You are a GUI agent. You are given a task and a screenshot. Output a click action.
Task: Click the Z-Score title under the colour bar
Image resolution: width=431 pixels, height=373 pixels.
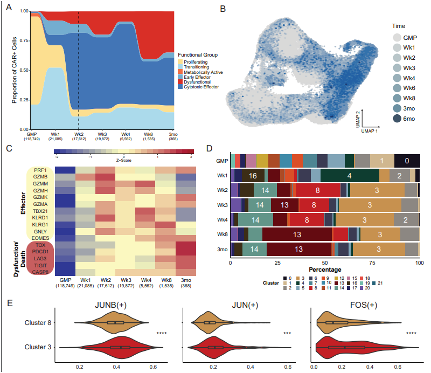[x=124, y=160]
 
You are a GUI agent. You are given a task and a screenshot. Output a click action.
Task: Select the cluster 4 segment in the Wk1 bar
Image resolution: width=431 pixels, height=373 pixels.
[x=349, y=176]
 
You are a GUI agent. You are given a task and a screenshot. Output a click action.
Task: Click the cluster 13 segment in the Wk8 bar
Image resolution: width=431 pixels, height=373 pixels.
[x=297, y=234]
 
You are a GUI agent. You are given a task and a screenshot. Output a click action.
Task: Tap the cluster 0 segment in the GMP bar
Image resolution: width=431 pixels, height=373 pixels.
[x=407, y=161]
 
